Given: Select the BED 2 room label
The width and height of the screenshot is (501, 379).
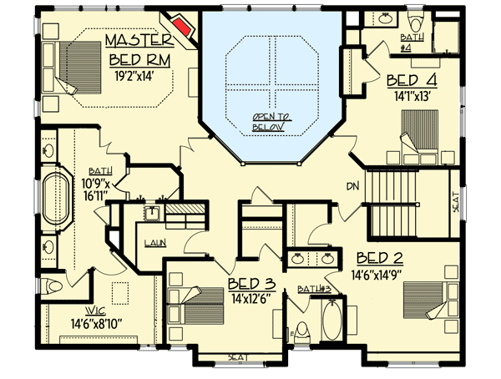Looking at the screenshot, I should (381, 256).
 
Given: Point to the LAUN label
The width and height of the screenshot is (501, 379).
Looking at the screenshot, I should (154, 243).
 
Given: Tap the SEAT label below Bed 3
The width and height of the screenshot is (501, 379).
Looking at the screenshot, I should (240, 357).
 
